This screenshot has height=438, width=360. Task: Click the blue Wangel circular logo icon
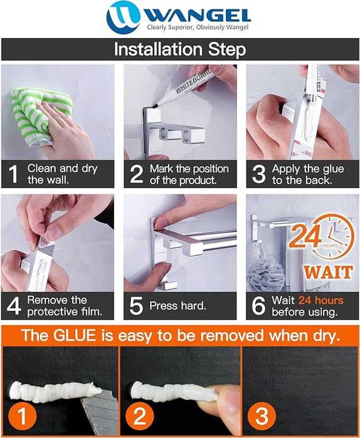click(x=123, y=18)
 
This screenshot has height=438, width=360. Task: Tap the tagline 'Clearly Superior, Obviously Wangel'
click(x=198, y=28)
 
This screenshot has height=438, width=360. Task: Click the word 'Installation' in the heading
click(x=158, y=49)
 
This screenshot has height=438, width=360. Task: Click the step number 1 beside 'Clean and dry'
click(x=13, y=174)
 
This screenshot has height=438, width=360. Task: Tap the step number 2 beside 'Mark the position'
click(x=137, y=174)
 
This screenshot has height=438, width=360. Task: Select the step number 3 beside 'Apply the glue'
click(x=258, y=174)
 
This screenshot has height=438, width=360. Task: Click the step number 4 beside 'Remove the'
click(x=14, y=306)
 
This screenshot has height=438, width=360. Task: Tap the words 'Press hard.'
click(x=177, y=306)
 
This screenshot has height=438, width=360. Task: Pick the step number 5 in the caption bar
click(x=136, y=306)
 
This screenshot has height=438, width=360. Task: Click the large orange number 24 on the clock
click(x=305, y=236)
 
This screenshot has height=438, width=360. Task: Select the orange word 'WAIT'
click(x=328, y=273)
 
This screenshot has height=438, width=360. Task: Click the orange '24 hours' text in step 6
click(x=321, y=300)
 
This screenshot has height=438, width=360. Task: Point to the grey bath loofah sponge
click(x=266, y=274)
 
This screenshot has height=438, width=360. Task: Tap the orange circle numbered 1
click(x=23, y=416)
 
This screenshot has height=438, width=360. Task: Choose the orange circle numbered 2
click(x=140, y=416)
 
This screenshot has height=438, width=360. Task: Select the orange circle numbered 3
click(x=262, y=416)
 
